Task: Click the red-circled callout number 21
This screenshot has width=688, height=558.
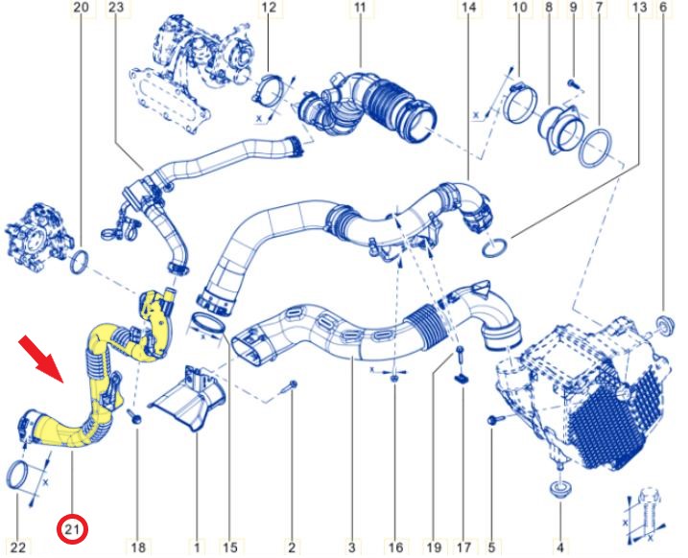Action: click(72, 529)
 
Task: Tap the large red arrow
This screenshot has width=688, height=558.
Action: click(43, 359)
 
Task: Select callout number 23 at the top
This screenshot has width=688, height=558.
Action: click(117, 8)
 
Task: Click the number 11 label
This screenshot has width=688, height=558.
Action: click(360, 8)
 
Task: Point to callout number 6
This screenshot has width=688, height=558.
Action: click(663, 8)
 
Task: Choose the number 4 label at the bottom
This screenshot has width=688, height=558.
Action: click(559, 547)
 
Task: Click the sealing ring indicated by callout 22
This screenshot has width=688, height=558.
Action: click(19, 476)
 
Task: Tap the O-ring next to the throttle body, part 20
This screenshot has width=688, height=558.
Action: click(80, 262)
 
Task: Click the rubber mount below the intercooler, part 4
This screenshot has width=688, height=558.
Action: click(559, 489)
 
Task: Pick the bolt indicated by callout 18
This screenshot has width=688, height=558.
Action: click(135, 416)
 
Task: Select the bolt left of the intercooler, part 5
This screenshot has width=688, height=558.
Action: click(494, 420)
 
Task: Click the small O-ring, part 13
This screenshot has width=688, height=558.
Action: click(495, 247)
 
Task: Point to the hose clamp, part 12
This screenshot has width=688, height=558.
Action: click(269, 91)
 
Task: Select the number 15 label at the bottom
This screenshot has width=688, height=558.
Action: click(230, 547)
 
